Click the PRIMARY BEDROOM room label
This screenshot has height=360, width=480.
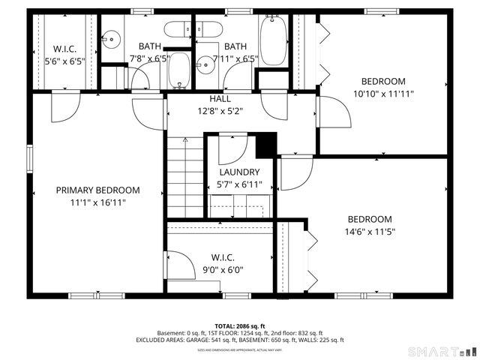pos(97,190)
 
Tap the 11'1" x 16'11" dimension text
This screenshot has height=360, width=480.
pos(97,202)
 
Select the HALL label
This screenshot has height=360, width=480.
pos(220,99)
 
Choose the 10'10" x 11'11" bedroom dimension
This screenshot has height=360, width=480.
pos(383,94)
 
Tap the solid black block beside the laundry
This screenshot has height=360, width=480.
pos(265,145)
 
